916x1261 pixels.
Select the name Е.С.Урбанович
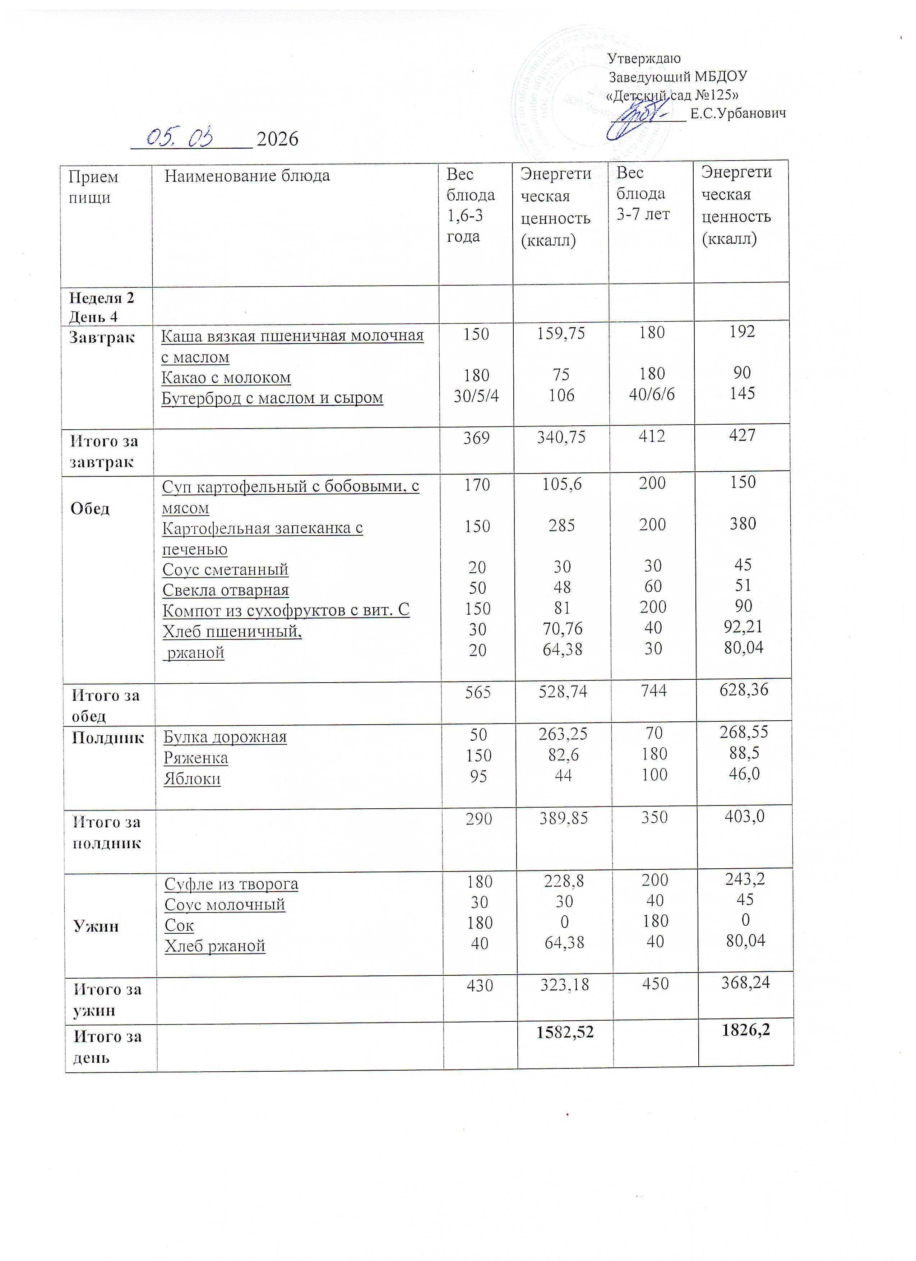(x=737, y=114)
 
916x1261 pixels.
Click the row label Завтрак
(x=102, y=337)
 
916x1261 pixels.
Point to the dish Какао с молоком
(x=226, y=378)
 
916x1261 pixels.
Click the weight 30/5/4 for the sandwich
(x=476, y=395)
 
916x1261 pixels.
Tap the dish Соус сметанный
(x=225, y=569)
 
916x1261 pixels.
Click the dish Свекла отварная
(x=226, y=590)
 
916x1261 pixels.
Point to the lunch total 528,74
(x=563, y=691)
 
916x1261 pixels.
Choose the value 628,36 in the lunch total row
(x=744, y=689)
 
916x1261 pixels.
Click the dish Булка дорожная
(x=225, y=737)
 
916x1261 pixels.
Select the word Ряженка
(x=196, y=758)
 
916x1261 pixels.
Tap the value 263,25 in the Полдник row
(x=563, y=734)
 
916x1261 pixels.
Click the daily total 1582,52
(x=565, y=1032)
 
